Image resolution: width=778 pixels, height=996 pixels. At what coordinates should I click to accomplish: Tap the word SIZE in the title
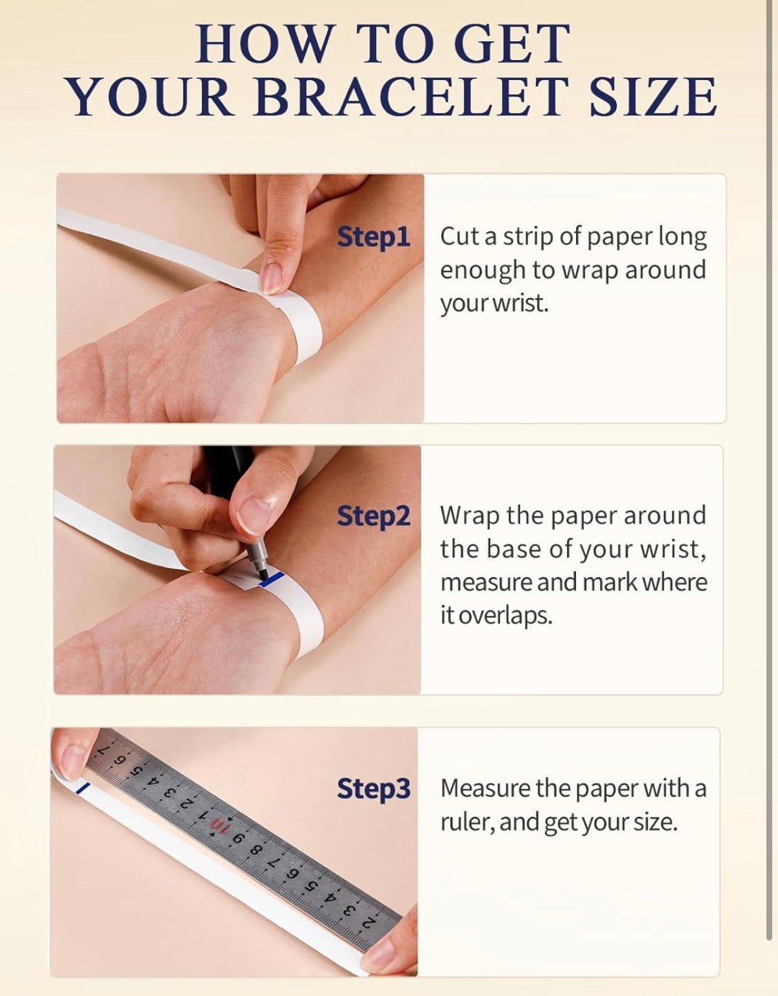click(x=653, y=97)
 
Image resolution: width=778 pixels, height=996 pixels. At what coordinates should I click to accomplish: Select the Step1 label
click(x=373, y=237)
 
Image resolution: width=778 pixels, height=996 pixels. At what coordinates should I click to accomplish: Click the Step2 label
click(x=373, y=516)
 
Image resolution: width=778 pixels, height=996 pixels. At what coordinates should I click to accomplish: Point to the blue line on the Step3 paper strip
click(x=83, y=788)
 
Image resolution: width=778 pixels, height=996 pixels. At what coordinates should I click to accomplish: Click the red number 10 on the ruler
click(x=219, y=826)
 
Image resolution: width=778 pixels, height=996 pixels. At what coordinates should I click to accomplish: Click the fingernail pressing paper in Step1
click(x=272, y=278)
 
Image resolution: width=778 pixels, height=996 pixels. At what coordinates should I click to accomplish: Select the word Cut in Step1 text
click(x=459, y=237)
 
